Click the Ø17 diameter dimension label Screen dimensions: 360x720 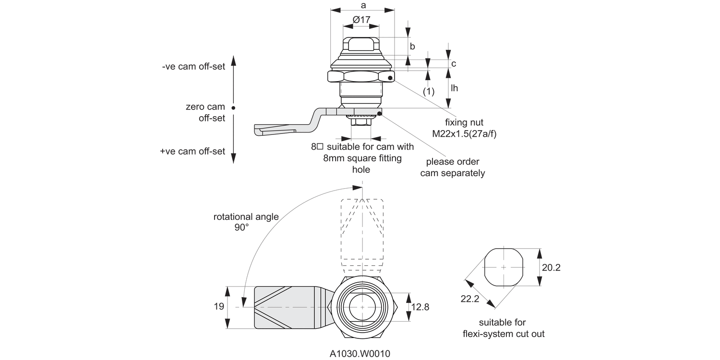(361, 20)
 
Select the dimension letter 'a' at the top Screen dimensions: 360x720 (363, 5)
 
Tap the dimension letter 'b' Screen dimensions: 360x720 (412, 46)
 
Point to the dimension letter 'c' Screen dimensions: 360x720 (453, 63)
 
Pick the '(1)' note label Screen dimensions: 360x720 (428, 91)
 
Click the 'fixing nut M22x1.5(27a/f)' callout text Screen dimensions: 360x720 (464, 128)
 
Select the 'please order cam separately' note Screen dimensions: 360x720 (452, 168)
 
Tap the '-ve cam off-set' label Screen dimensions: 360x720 (193, 66)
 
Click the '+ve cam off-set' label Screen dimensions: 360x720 (192, 151)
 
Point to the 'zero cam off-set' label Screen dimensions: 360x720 (205, 112)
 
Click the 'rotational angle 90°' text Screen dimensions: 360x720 (246, 222)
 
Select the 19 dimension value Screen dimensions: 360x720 (218, 307)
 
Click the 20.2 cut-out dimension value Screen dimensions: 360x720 (551, 268)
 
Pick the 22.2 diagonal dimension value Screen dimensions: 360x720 (470, 299)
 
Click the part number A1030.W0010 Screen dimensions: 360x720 (360, 354)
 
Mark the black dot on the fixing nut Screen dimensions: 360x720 (391, 78)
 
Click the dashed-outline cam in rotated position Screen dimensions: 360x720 (362, 230)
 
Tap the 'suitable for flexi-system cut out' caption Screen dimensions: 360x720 (503, 328)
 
